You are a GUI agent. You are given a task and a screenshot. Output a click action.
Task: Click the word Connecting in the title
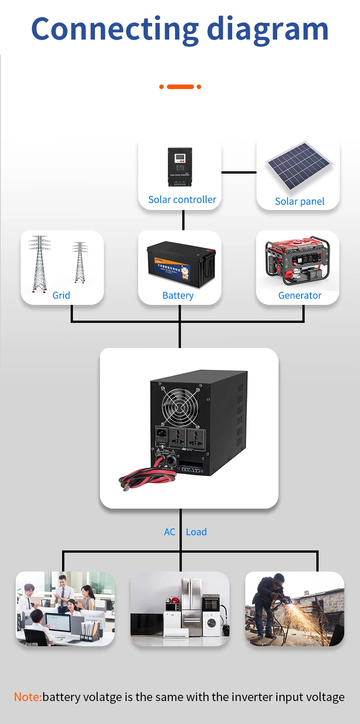tap(115, 30)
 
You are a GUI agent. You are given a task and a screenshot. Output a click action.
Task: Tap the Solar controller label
tap(182, 200)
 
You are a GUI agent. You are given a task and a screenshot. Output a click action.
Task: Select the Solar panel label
tap(299, 201)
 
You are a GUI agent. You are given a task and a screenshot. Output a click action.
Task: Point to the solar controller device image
tap(180, 167)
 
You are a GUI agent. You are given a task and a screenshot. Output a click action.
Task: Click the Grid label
tap(61, 295)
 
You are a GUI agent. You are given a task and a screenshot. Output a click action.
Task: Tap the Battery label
tap(178, 295)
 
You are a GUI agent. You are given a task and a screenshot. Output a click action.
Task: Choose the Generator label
tap(300, 295)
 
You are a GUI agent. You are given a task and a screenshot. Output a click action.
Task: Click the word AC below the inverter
tap(170, 532)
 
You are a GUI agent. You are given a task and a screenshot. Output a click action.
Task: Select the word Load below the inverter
tap(196, 532)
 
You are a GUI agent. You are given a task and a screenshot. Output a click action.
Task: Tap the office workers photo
tap(65, 609)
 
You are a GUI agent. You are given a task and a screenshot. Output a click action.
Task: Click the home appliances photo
tap(180, 609)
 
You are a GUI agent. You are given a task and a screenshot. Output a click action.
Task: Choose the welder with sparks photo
tap(295, 609)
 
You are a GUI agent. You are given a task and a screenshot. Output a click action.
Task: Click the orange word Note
tap(27, 697)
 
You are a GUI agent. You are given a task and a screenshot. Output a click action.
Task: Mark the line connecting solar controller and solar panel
tap(238, 172)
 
